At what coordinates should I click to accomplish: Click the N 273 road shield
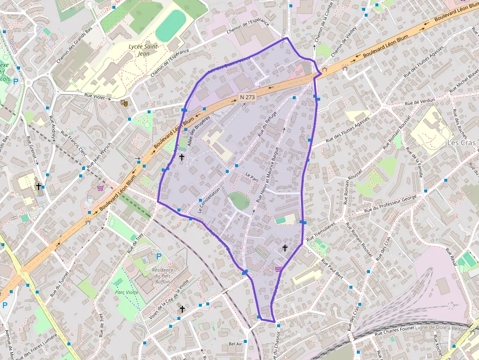coord(247,97)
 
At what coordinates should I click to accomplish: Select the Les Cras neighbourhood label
coord(460,143)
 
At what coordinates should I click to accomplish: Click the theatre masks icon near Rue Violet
coord(124,103)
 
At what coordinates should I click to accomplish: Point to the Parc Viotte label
coord(127,292)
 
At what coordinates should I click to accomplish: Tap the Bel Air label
coord(236,344)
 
